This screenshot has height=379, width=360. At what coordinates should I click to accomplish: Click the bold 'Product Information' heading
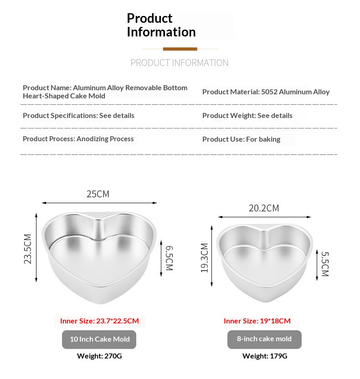(161, 25)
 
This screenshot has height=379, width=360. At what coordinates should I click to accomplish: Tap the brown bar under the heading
(180, 49)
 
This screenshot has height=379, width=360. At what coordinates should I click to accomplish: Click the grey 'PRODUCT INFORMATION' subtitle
(180, 63)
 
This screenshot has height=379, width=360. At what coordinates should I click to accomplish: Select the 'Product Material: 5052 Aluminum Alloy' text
(266, 92)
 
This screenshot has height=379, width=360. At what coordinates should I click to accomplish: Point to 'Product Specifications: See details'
(78, 115)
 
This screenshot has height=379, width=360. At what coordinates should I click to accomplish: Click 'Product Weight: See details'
(247, 115)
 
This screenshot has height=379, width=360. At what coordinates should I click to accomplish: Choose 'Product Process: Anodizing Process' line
(78, 138)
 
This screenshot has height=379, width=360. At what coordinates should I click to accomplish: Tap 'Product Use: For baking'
(241, 139)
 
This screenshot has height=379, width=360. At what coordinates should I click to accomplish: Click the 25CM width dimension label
(98, 194)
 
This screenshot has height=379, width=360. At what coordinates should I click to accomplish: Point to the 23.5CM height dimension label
(28, 249)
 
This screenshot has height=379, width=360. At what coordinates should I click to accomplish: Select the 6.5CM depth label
(169, 258)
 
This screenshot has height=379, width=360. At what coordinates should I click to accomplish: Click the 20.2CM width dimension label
(264, 208)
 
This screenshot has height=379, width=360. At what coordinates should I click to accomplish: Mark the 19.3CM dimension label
(204, 258)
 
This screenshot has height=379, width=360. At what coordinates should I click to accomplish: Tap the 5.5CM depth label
(324, 264)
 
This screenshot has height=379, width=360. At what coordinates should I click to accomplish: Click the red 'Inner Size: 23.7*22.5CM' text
(99, 321)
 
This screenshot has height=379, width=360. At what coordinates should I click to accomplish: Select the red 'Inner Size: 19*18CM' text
(257, 321)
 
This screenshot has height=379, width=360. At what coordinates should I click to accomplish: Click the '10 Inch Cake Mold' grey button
(99, 339)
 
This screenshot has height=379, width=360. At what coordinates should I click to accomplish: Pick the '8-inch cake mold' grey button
(264, 339)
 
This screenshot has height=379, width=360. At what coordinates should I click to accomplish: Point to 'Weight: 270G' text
(99, 356)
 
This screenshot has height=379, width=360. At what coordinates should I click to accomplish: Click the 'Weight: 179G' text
(265, 356)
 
